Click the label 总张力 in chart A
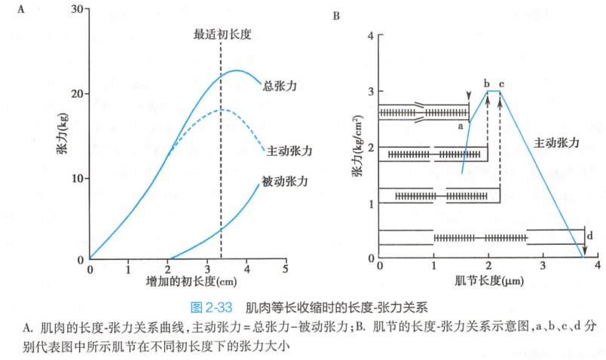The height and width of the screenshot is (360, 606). (x=279, y=87)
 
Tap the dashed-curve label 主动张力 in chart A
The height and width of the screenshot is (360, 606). (x=288, y=151)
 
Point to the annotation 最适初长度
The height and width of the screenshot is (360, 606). (x=222, y=34)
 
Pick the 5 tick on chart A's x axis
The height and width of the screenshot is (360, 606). (x=285, y=269)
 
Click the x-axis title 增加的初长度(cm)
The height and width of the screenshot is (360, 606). (x=188, y=283)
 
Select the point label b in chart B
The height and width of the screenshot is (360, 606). (x=487, y=82)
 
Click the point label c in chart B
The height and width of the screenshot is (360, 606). (x=501, y=82)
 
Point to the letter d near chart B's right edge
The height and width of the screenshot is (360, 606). (x=589, y=236)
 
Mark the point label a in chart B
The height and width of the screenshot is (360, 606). (x=459, y=127)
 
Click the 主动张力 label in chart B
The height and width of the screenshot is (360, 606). (x=557, y=142)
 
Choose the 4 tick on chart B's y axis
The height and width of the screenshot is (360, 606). (x=370, y=35)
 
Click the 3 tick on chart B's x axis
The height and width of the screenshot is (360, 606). (x=543, y=267)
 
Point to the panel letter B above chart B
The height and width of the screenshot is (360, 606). (x=335, y=14)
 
